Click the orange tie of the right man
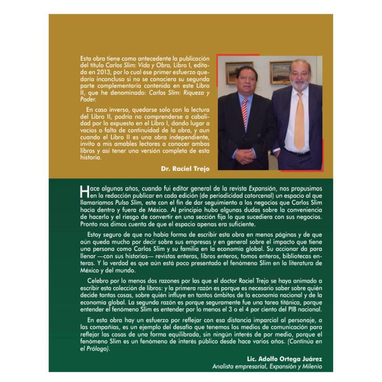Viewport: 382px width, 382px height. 299,122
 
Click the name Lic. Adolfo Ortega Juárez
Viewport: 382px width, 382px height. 283,358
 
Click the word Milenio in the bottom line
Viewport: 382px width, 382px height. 307,366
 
